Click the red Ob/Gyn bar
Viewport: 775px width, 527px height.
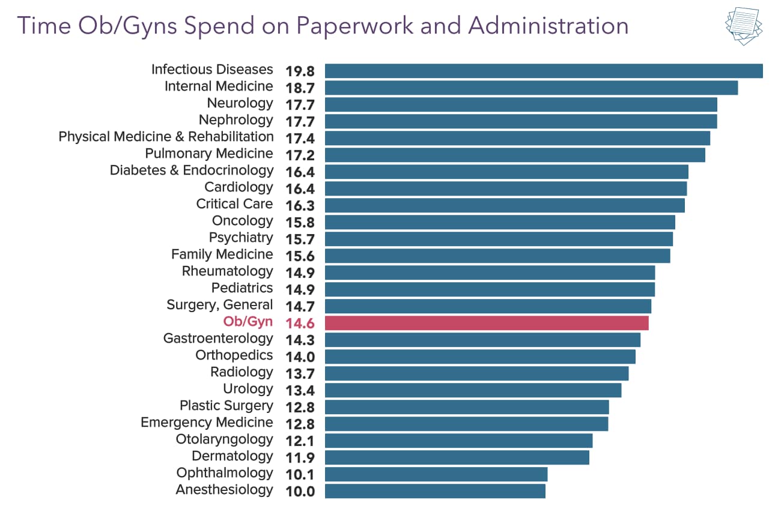(487, 323)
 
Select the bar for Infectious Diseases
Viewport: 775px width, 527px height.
(544, 71)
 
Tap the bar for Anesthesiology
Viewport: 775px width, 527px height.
(435, 491)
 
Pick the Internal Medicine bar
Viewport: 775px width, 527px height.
(531, 88)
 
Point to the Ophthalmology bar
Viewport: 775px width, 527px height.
(436, 474)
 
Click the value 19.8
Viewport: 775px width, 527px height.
(300, 71)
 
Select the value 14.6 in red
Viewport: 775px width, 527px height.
(300, 324)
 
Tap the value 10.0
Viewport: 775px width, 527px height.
(300, 492)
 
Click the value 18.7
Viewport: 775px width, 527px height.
(300, 88)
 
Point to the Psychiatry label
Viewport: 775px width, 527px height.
(241, 238)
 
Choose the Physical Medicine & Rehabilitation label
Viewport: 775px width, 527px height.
(166, 137)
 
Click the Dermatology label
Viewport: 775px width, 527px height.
(232, 456)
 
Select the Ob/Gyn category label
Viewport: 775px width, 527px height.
(248, 322)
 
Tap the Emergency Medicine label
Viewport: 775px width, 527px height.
(207, 423)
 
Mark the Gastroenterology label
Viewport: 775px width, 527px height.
(218, 339)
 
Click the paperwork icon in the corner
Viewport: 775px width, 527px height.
(744, 27)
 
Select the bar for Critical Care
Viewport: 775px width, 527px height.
(505, 205)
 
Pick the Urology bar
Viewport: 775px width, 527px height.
(473, 390)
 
